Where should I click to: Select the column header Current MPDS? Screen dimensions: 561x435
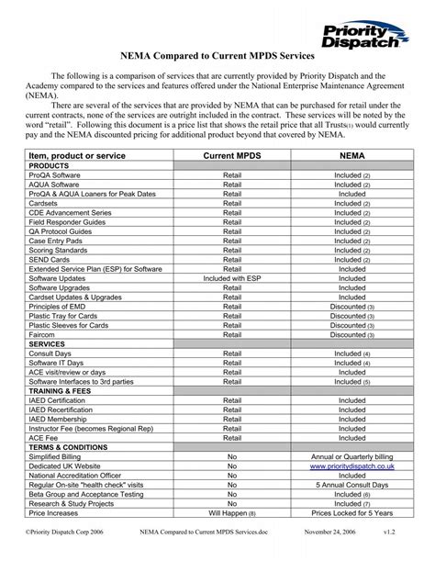point(232,159)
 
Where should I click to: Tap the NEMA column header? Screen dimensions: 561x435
point(351,159)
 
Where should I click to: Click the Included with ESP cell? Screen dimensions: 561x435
point(232,275)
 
